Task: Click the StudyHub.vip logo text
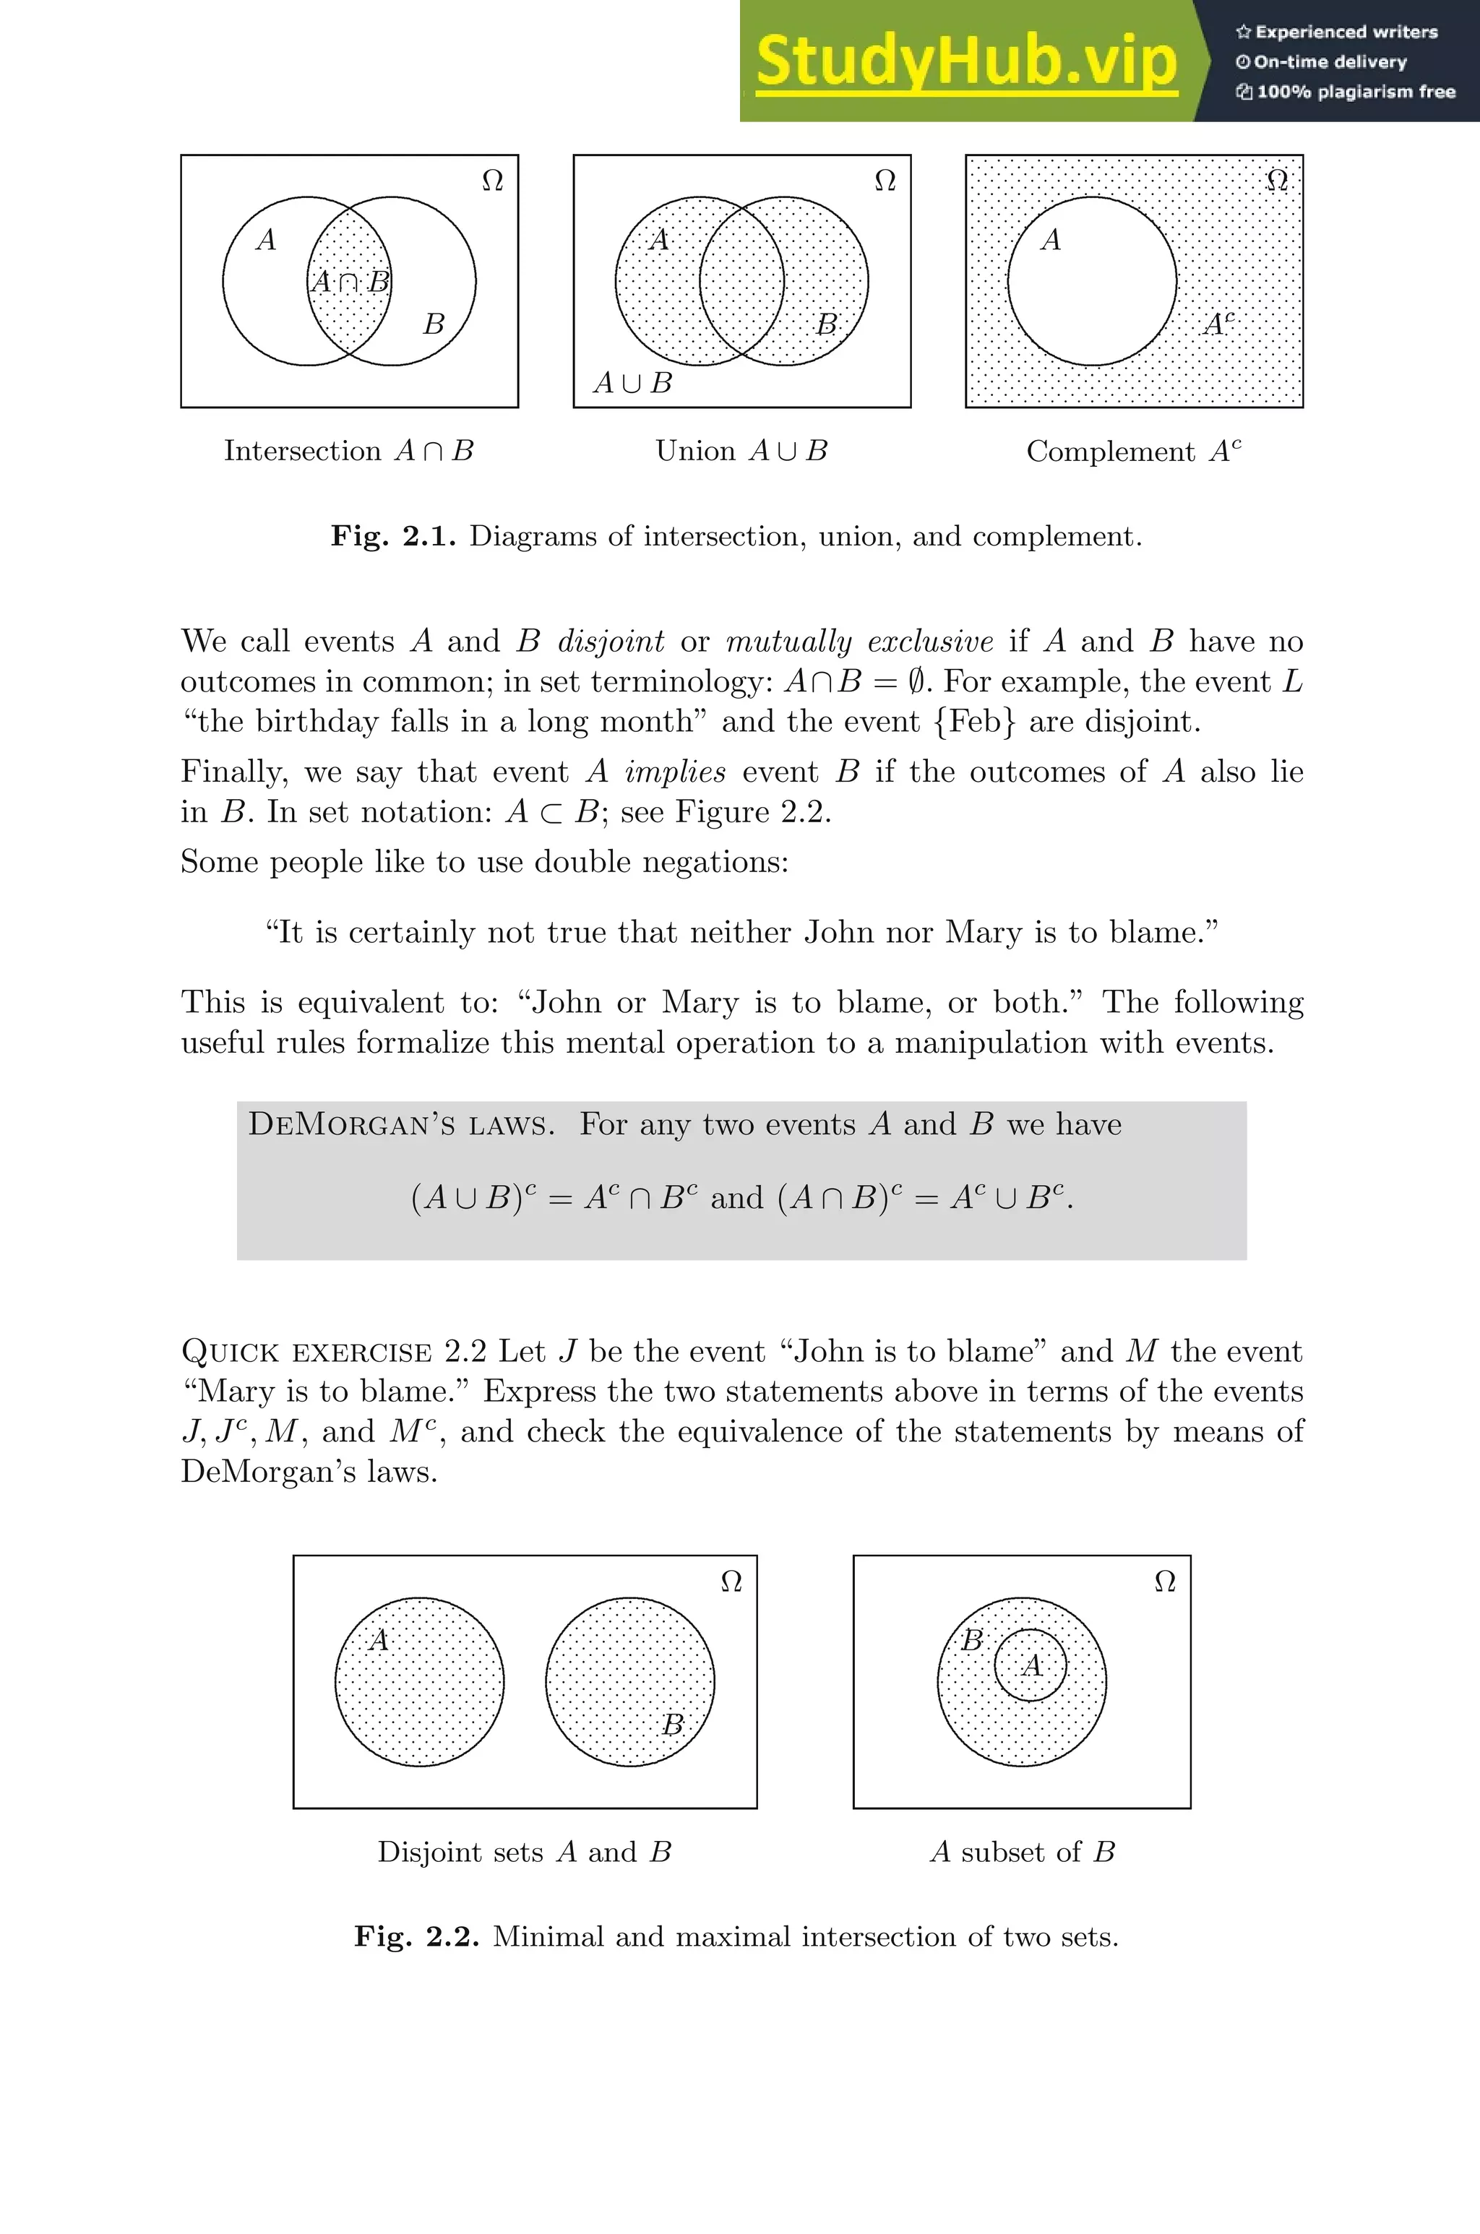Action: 965,61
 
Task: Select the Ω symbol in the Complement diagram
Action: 1276,179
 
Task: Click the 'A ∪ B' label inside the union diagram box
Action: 632,383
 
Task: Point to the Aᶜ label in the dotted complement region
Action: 1218,324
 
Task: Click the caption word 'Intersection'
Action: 302,451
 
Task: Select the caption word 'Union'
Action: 694,451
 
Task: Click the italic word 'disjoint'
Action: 611,642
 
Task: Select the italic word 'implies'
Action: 675,772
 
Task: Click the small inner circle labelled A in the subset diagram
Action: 1031,1665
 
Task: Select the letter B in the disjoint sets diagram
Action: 672,1725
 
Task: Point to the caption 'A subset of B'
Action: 1023,1852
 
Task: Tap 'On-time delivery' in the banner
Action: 1329,62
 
